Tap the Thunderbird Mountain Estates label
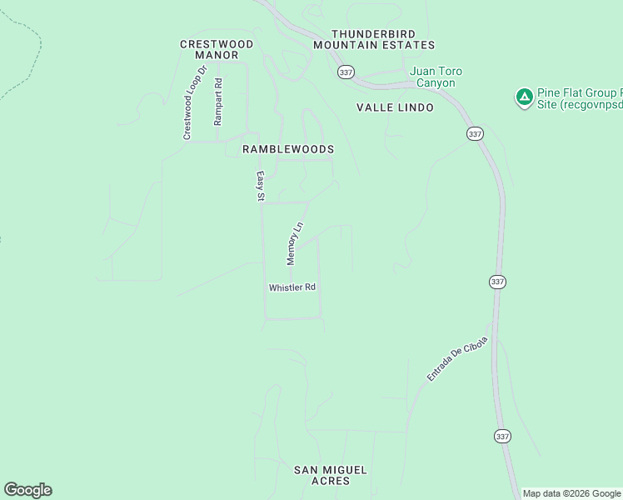coord(375,38)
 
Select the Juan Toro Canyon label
coord(436,77)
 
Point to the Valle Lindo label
coord(395,107)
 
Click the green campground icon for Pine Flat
coord(524,97)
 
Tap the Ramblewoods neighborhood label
coord(287,149)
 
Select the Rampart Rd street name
coord(218,102)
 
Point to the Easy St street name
coord(260,187)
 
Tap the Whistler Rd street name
coord(292,287)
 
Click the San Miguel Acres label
coord(330,475)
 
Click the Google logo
coord(27,490)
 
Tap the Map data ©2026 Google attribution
coord(571,493)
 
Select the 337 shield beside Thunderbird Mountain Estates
coord(346,72)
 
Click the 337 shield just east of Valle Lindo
coord(474,133)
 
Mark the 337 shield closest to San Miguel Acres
coord(501,436)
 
